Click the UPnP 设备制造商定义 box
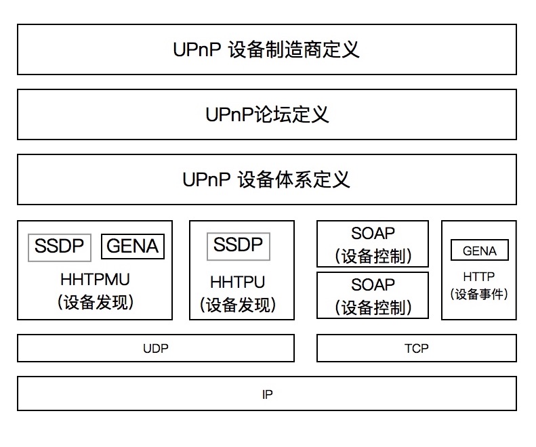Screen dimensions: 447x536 (x=267, y=49)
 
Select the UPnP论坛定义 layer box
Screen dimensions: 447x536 (x=267, y=114)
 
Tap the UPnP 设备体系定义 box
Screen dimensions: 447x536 (x=267, y=179)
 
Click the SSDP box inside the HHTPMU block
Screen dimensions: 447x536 (x=60, y=247)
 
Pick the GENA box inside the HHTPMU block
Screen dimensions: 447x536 (x=133, y=247)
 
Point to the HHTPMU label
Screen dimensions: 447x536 (x=95, y=280)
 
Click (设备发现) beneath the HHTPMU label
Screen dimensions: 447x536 (x=95, y=302)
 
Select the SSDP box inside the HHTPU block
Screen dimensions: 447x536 (x=239, y=246)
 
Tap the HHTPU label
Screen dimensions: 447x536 (x=238, y=282)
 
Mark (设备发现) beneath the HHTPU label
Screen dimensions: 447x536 (x=238, y=305)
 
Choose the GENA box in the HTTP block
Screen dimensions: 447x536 (x=480, y=251)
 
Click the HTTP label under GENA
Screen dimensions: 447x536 (x=479, y=277)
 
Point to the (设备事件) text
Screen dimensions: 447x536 (x=479, y=294)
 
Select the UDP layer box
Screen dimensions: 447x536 (x=156, y=349)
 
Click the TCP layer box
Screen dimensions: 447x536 (x=416, y=349)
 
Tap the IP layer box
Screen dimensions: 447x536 (x=267, y=394)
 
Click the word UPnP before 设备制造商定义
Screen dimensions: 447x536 (x=197, y=49)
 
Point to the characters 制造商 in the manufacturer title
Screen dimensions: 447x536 (x=297, y=49)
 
